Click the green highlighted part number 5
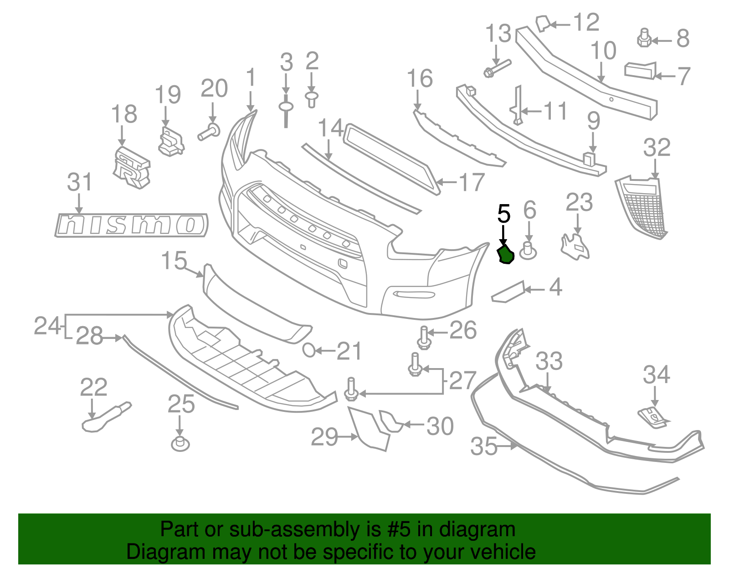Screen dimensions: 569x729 505,254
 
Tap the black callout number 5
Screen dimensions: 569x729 503,214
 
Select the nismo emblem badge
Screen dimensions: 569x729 131,225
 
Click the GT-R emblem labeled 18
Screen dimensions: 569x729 131,168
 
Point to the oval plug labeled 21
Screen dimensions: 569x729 309,350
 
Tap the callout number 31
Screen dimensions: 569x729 80,182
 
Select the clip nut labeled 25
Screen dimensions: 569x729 180,443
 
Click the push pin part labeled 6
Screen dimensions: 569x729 528,251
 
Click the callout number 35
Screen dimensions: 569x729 484,446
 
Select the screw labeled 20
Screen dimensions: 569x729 209,132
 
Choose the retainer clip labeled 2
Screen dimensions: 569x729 312,99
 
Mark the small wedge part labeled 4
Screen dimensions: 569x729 507,292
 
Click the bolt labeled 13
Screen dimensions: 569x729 497,67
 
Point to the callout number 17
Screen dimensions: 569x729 472,182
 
